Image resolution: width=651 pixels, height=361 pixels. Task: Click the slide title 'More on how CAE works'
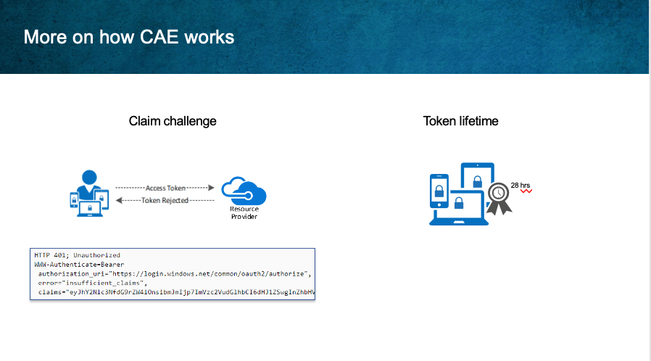pyautogui.click(x=129, y=37)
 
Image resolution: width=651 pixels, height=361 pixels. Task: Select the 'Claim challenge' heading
pyautogui.click(x=173, y=121)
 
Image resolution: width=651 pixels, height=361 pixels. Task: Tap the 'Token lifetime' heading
pyautogui.click(x=460, y=121)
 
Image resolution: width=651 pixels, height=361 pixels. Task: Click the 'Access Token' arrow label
pyautogui.click(x=166, y=187)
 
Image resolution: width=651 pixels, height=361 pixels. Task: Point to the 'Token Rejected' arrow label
pyautogui.click(x=165, y=200)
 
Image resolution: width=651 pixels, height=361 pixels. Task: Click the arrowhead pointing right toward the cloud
pyautogui.click(x=211, y=187)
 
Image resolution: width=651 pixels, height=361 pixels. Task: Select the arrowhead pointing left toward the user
pyautogui.click(x=120, y=200)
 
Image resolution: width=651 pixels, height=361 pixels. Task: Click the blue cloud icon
pyautogui.click(x=244, y=193)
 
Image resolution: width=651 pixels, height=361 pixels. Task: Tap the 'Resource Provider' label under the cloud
pyautogui.click(x=244, y=213)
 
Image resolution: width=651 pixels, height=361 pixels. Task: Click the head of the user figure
pyautogui.click(x=89, y=178)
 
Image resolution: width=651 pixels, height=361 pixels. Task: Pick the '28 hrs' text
pyautogui.click(x=520, y=186)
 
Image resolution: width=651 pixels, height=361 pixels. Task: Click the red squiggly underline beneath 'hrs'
pyautogui.click(x=525, y=191)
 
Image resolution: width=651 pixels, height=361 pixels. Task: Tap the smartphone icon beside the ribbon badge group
pyautogui.click(x=439, y=199)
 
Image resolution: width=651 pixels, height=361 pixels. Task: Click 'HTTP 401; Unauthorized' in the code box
pyautogui.click(x=77, y=255)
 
